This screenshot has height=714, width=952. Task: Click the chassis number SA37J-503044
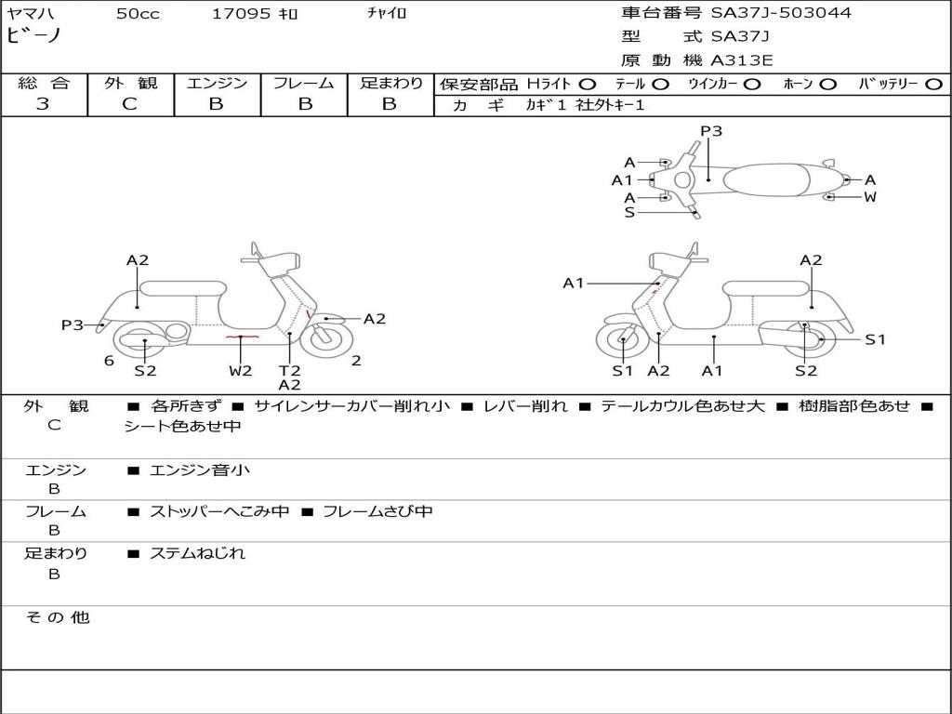(x=781, y=13)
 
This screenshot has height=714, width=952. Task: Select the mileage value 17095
(x=242, y=14)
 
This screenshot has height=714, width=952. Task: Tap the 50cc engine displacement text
(x=138, y=14)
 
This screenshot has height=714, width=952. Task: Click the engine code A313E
(x=742, y=61)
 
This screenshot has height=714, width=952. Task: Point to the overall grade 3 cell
(x=43, y=104)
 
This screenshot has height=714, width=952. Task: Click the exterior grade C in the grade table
(x=129, y=104)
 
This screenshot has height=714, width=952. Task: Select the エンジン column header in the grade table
(x=217, y=83)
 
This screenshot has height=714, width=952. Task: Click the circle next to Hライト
(x=588, y=84)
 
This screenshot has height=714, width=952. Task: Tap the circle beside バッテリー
(x=934, y=84)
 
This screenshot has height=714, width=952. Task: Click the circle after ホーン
(x=827, y=84)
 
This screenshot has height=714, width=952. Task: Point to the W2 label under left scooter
(x=241, y=371)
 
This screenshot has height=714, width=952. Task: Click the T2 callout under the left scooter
(x=289, y=371)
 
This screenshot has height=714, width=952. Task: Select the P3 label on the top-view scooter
(x=711, y=131)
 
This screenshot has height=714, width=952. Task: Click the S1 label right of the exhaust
(x=875, y=339)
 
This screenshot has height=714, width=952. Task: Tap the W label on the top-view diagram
(x=870, y=197)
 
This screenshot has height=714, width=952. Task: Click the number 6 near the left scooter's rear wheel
(x=109, y=361)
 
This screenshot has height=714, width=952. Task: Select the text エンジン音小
(x=200, y=470)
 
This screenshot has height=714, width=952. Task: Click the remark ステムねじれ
(x=197, y=553)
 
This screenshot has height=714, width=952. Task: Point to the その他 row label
(x=58, y=617)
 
